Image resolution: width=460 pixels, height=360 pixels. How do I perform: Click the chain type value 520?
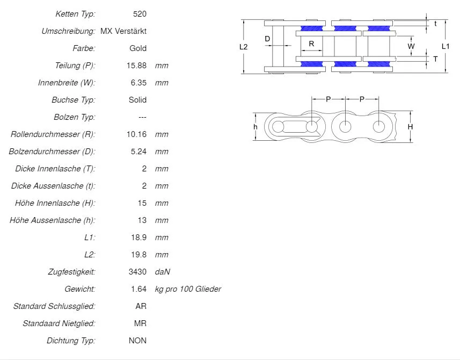(x=140, y=14)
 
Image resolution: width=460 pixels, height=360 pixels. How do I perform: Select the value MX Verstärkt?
(x=123, y=31)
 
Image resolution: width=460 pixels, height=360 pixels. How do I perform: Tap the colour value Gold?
(x=138, y=48)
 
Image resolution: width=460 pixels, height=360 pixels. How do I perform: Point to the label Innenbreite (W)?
(x=67, y=83)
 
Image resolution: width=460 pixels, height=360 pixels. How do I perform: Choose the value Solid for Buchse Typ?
(x=137, y=100)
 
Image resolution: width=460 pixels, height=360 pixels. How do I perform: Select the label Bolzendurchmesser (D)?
(x=52, y=152)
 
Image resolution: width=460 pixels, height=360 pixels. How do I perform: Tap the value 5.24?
(x=138, y=152)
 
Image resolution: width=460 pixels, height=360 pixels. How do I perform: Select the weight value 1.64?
(x=138, y=289)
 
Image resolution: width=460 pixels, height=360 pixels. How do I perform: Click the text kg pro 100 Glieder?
(x=188, y=289)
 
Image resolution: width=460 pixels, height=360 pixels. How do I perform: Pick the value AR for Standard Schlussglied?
(x=141, y=306)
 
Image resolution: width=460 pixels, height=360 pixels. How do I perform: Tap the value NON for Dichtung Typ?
(x=138, y=341)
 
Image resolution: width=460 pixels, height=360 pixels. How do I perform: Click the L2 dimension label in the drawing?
(x=243, y=47)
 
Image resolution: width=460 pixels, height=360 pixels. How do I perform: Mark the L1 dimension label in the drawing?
(x=445, y=46)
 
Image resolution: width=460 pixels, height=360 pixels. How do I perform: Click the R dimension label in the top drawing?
(x=311, y=44)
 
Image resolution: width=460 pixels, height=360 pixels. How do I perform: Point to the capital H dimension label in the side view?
(x=410, y=127)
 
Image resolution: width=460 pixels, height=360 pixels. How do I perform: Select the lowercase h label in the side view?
(x=255, y=127)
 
